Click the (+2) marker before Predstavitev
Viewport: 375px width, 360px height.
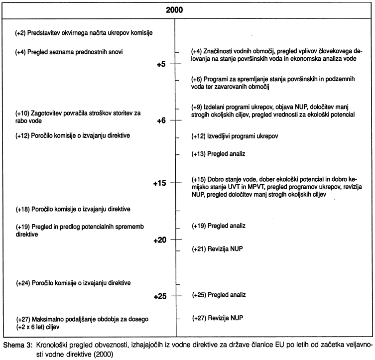pyautogui.click(x=21, y=33)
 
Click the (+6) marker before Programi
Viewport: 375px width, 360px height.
pyautogui.click(x=197, y=79)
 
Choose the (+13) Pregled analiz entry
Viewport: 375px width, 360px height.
pyautogui.click(x=219, y=154)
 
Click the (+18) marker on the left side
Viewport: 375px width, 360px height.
pyautogui.click(x=23, y=208)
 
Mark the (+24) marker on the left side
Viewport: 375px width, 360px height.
pyautogui.click(x=23, y=283)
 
